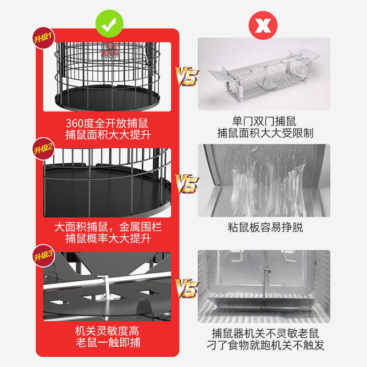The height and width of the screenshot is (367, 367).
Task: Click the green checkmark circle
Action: click(109, 24)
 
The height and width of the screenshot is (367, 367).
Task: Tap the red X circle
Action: click(263, 25)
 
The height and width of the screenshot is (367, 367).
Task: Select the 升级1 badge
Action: click(43, 38)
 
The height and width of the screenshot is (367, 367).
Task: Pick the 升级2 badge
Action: click(43, 149)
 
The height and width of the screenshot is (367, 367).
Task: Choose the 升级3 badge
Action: click(43, 256)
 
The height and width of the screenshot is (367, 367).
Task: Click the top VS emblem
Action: click(187, 77)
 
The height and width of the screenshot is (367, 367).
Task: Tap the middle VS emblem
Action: click(187, 184)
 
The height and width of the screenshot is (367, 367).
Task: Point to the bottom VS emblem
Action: click(187, 289)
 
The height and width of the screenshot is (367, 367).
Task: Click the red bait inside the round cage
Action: click(109, 50)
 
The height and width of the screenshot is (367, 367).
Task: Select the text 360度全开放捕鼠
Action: click(107, 123)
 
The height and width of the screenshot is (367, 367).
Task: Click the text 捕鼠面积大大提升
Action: click(108, 135)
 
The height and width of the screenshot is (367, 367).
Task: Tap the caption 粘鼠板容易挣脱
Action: click(265, 227)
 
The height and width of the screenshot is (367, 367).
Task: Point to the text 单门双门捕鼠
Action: click(264, 121)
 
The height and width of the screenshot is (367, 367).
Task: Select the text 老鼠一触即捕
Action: click(108, 342)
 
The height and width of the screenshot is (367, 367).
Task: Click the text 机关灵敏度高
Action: click(107, 331)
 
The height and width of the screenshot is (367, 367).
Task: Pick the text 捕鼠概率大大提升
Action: click(108, 239)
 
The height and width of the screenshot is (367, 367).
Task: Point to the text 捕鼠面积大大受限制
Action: click(265, 133)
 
